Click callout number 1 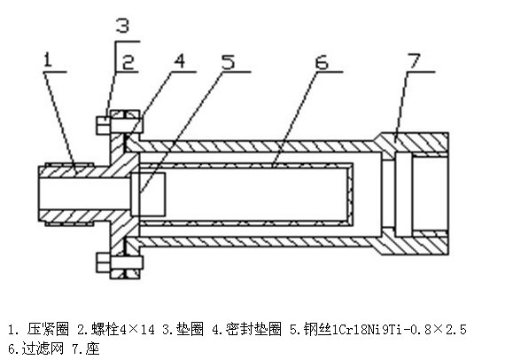point(48,60)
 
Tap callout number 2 point(128,62)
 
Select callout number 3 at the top point(123,26)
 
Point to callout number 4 point(180,61)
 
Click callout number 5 point(229,62)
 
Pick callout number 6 point(322,62)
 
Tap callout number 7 point(414,61)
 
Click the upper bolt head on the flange point(103,125)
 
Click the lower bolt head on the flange point(103,262)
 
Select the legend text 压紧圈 point(49,329)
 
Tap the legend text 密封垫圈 point(253,329)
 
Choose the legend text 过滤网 point(43,348)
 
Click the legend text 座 point(93,348)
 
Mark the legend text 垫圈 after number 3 point(190,329)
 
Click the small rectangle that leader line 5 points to point(148,194)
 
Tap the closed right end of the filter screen point(350,194)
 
